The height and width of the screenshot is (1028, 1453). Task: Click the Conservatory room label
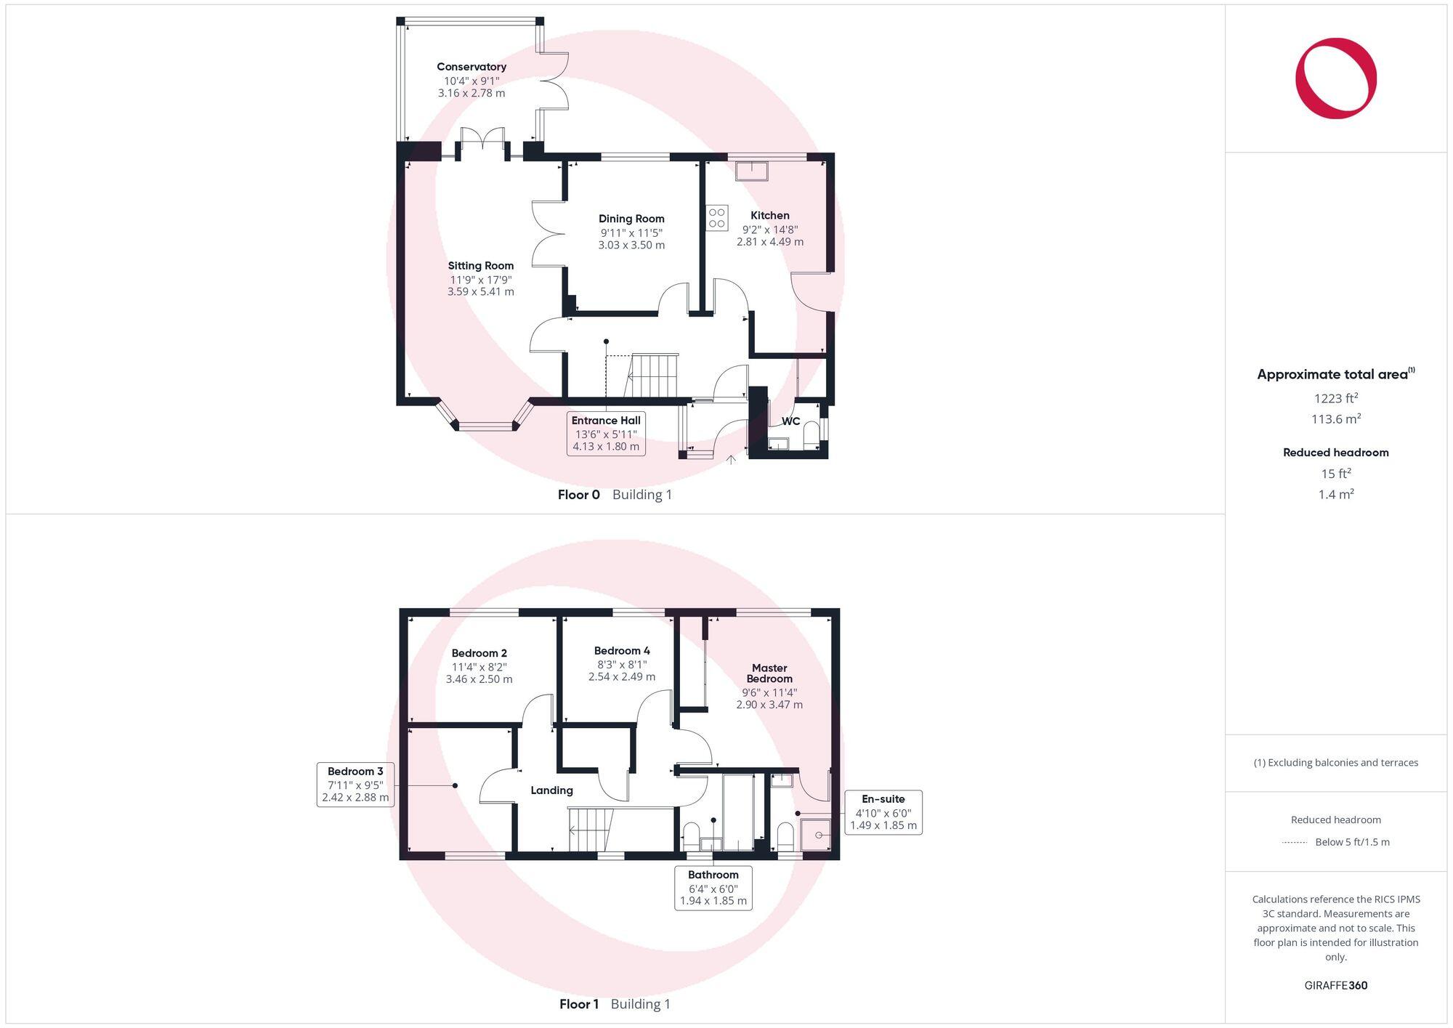click(471, 67)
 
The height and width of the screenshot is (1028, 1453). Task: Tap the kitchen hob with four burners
click(717, 218)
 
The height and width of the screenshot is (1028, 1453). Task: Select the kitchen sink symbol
click(751, 171)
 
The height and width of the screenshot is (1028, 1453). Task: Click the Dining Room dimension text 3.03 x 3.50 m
click(631, 246)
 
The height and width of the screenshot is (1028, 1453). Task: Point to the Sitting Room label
click(480, 266)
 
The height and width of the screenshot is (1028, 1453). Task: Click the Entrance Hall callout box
click(606, 434)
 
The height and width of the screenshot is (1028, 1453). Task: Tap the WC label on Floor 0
click(790, 421)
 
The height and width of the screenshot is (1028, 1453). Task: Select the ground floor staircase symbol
click(652, 376)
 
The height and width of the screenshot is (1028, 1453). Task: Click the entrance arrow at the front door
click(732, 459)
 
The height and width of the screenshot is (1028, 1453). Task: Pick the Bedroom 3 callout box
click(355, 785)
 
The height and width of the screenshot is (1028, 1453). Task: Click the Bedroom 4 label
click(622, 651)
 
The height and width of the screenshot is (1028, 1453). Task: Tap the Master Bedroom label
click(769, 673)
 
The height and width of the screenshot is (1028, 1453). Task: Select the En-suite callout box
click(883, 812)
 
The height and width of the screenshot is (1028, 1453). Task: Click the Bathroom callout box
click(713, 888)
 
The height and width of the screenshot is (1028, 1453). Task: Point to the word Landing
click(551, 790)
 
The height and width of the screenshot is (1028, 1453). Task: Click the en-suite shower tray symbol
click(817, 835)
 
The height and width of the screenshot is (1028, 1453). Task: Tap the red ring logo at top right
click(1335, 78)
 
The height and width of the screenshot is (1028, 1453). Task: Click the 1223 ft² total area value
click(1335, 398)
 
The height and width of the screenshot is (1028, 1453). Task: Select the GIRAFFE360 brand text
click(1335, 986)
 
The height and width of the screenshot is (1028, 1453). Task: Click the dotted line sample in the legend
click(1295, 843)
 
